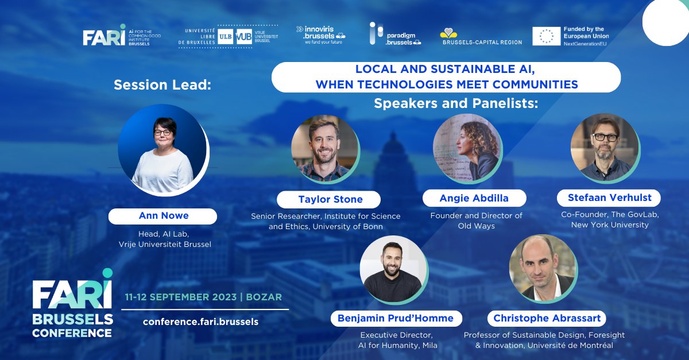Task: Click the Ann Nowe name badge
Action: (162, 216)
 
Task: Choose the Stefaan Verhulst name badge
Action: (609, 198)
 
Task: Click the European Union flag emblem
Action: (546, 36)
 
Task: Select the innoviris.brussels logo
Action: (320, 34)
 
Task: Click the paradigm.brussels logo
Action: (395, 34)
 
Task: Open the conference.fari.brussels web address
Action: (200, 322)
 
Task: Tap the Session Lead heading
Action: (162, 85)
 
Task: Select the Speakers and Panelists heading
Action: (456, 103)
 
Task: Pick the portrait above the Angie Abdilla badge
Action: (466, 148)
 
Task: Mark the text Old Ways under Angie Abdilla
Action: (476, 226)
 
